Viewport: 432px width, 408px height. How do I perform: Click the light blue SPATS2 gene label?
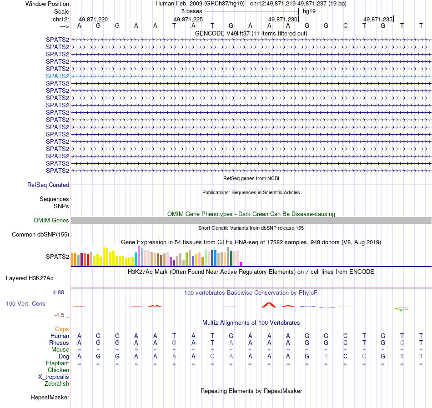pos(57,76)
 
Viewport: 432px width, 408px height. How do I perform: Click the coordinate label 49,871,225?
pos(188,20)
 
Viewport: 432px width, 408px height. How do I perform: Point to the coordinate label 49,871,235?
pos(377,20)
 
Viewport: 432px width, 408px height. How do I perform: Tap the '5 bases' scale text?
pos(191,11)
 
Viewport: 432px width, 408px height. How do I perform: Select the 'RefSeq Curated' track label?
pos(48,185)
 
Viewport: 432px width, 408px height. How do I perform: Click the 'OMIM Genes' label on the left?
pos(51,221)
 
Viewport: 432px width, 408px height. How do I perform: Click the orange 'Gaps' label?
pos(62,329)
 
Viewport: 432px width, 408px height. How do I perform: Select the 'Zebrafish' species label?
pos(57,384)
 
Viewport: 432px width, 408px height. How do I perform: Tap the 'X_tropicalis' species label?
pos(54,377)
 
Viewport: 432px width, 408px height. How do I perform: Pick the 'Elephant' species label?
pos(57,363)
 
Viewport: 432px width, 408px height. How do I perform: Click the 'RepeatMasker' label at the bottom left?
pos(50,398)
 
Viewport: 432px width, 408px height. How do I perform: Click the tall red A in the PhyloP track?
pos(269,304)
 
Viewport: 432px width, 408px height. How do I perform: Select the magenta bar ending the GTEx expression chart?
pos(241,263)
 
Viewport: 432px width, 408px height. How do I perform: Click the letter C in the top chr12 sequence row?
pos(345,25)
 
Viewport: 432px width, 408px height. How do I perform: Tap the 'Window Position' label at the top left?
pos(47,4)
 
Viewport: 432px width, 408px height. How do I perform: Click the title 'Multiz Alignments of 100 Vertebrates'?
pos(251,323)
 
